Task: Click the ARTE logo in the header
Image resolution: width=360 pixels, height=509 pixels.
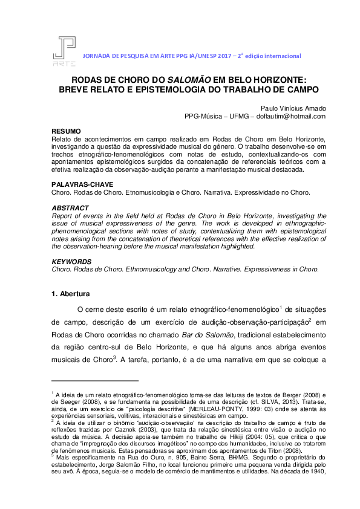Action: point(64,51)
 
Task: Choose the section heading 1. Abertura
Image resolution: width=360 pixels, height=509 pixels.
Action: point(71,294)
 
